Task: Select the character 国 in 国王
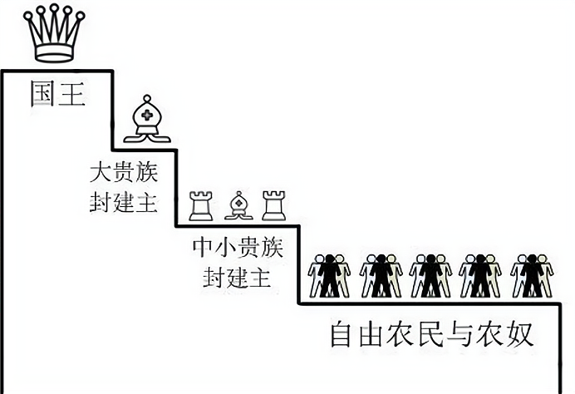(x=42, y=91)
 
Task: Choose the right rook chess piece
(x=273, y=205)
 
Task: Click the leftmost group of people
(x=329, y=275)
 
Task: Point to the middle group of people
(x=430, y=275)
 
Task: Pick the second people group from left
(x=380, y=275)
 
